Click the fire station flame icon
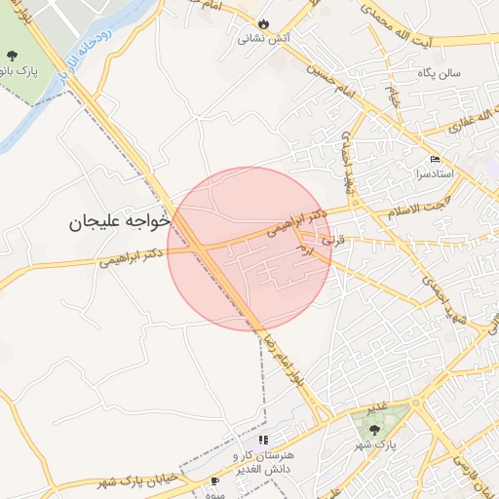(x=263, y=24)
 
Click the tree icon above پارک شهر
(x=374, y=429)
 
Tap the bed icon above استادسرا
(x=435, y=159)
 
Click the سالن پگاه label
(x=463, y=73)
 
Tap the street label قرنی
(x=334, y=237)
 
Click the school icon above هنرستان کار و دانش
(x=263, y=440)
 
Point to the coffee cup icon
(x=215, y=481)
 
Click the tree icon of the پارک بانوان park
(x=11, y=56)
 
